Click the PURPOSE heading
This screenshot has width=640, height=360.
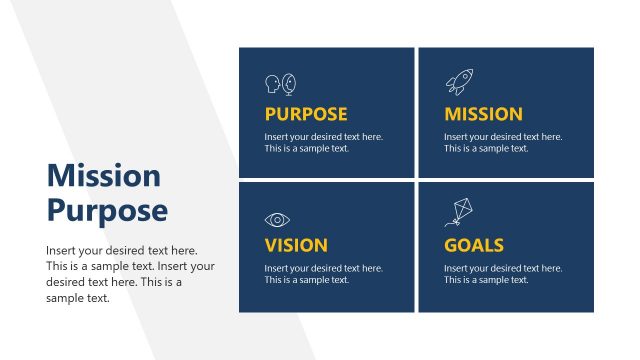click(x=306, y=114)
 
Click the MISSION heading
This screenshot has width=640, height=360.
click(x=483, y=114)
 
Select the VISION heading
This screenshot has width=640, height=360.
click(x=296, y=245)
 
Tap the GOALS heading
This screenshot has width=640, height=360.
click(x=474, y=245)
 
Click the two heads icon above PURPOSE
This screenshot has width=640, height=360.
click(x=280, y=84)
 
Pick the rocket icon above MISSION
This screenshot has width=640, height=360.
click(x=459, y=82)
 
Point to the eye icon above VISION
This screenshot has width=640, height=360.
click(x=277, y=219)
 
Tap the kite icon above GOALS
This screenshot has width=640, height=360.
click(x=461, y=211)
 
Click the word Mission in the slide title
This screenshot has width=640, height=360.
click(x=103, y=177)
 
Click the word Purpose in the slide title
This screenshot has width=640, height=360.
click(x=107, y=211)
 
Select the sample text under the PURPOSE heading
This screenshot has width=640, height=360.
click(x=323, y=142)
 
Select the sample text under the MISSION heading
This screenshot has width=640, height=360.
click(x=502, y=142)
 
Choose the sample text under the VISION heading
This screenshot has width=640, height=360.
click(x=323, y=274)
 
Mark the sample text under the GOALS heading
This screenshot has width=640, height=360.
click(x=502, y=274)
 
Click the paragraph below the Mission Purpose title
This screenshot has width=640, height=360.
click(x=130, y=274)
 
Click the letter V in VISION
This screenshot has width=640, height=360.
click(x=271, y=245)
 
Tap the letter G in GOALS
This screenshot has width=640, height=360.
click(x=451, y=245)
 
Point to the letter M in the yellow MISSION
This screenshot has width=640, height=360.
click(x=453, y=114)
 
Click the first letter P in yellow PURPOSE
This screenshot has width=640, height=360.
click(x=270, y=114)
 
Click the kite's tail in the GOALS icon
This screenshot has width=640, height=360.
click(x=450, y=223)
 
